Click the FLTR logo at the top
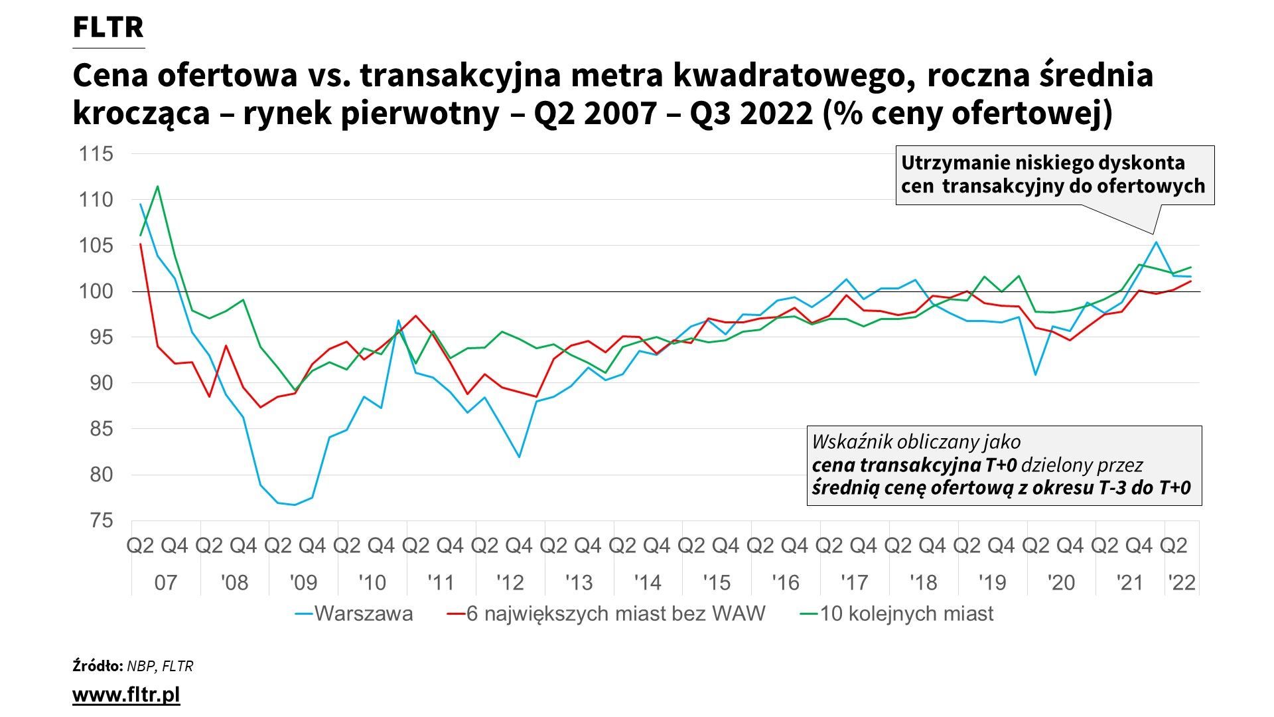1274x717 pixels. tap(107, 28)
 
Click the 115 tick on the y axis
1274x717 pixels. tap(96, 154)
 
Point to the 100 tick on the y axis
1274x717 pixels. tap(96, 291)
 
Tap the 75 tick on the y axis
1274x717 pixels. tap(101, 520)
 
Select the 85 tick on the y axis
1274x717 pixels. tap(101, 429)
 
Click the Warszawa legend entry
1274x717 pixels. tap(363, 613)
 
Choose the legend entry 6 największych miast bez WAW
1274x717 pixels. tap(615, 613)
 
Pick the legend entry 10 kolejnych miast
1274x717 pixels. tap(906, 613)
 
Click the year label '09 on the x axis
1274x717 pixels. tap(303, 583)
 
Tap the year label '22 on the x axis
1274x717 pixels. tap(1182, 583)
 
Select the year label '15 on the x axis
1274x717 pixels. tap(717, 583)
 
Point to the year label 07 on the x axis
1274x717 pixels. tap(166, 583)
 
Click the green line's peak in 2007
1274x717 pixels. tap(157, 186)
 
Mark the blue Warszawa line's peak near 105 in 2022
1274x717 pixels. tap(1156, 242)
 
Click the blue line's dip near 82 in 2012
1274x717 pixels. tap(519, 457)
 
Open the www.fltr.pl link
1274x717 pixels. tap(126, 695)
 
